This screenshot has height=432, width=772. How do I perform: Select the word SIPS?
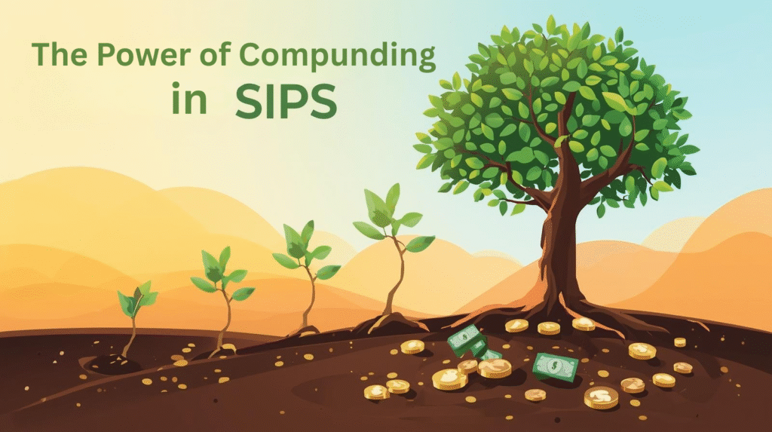pyautogui.click(x=285, y=102)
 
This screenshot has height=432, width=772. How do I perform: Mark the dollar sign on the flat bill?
pyautogui.click(x=555, y=367)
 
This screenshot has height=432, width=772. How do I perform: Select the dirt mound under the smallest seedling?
pyautogui.click(x=113, y=364)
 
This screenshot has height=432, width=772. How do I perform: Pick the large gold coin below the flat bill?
pyautogui.click(x=601, y=397)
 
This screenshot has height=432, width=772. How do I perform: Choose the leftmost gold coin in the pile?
pyautogui.click(x=375, y=391)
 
